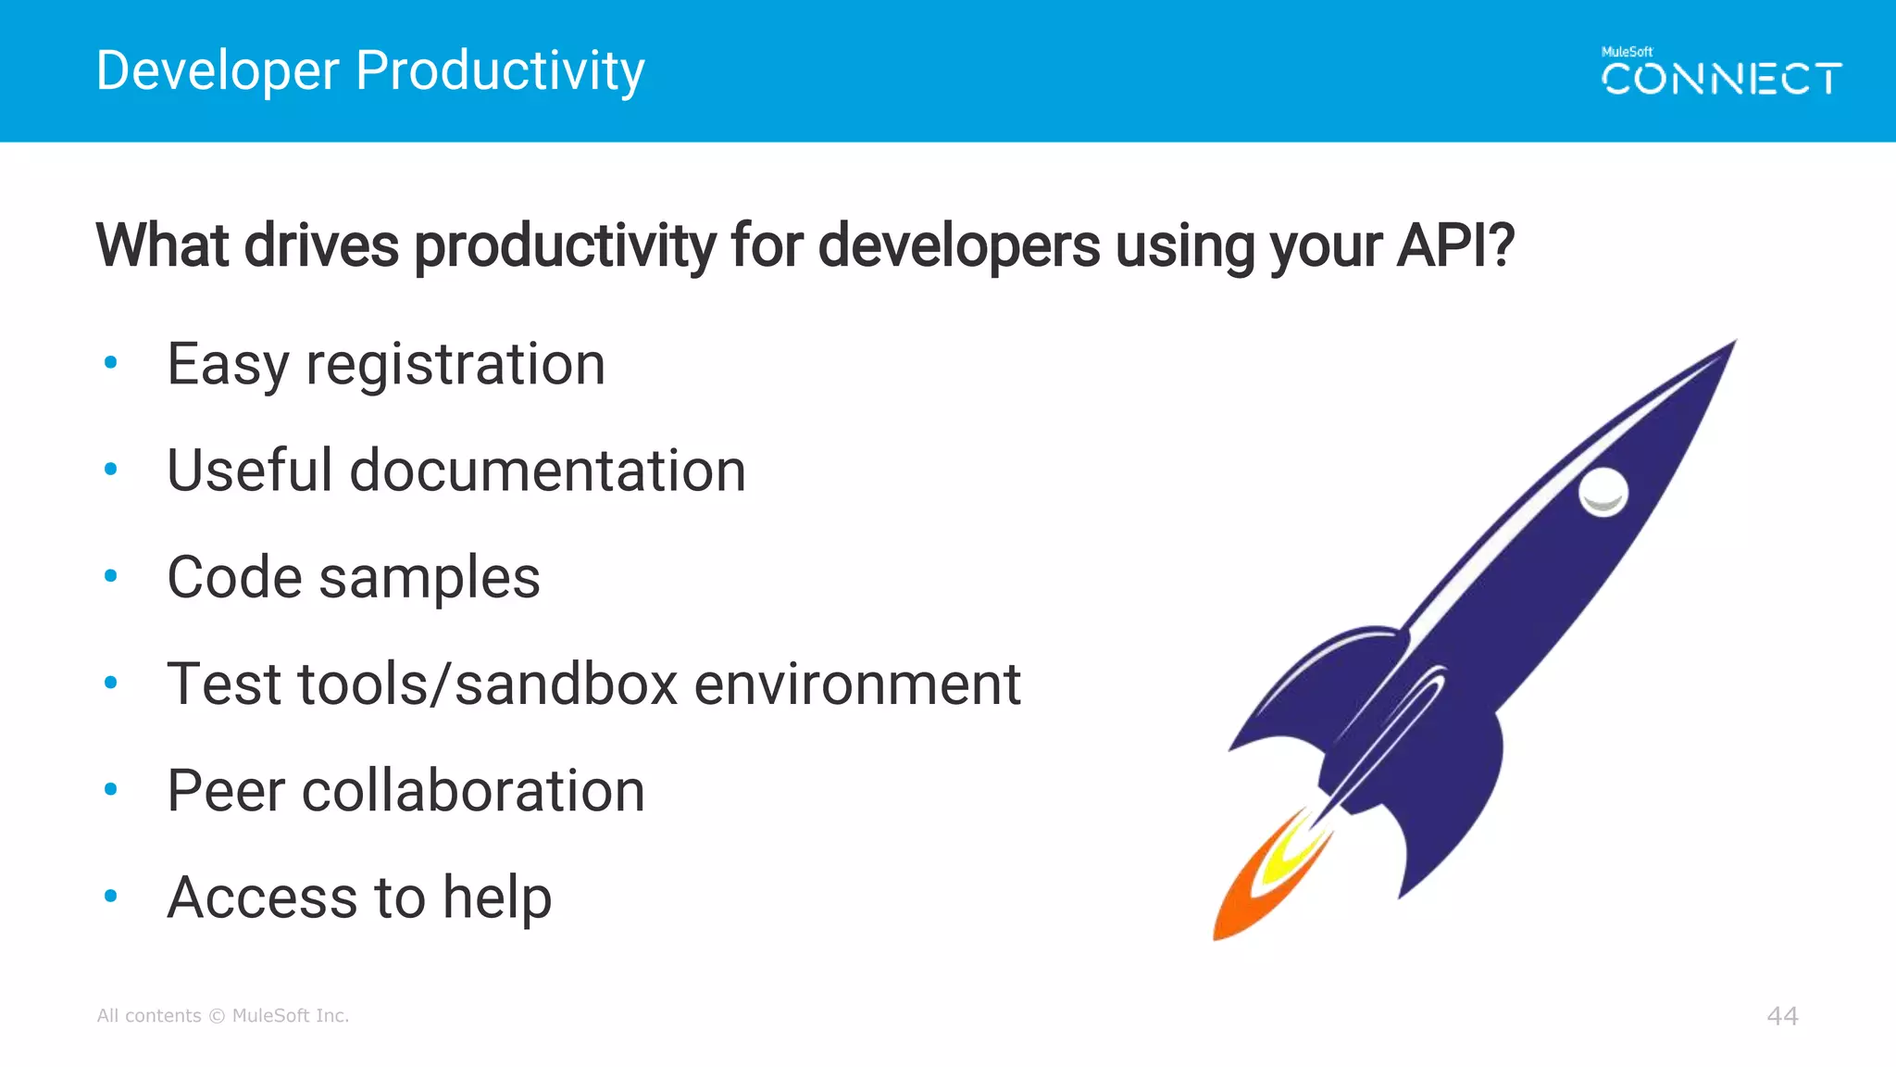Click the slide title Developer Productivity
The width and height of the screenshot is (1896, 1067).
(370, 71)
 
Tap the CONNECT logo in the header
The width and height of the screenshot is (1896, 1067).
(1721, 80)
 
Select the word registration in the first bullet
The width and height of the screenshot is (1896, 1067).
(455, 364)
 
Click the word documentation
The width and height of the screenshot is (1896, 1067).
(548, 471)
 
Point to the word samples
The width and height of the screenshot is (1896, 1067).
(430, 579)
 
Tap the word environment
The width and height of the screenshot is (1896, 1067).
(857, 685)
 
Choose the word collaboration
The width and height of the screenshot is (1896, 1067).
(473, 791)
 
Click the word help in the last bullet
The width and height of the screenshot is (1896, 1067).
(497, 898)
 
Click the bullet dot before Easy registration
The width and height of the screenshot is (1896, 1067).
(111, 363)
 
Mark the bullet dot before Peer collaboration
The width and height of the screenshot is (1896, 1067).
(111, 790)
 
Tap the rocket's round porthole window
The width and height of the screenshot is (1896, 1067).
(1603, 491)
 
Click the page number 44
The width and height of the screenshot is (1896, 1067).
(1782, 1016)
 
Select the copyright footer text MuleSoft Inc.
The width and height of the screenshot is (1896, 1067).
(290, 1016)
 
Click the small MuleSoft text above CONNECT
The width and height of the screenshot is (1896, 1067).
(1627, 52)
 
